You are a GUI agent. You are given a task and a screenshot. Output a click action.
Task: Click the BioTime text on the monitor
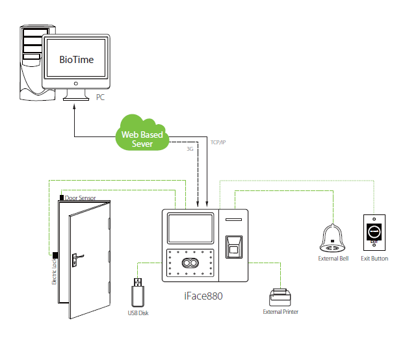(76, 60)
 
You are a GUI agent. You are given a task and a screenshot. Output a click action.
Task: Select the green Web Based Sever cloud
(142, 133)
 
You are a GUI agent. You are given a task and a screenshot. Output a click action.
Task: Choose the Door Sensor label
(80, 197)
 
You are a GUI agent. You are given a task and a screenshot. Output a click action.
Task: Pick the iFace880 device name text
(203, 294)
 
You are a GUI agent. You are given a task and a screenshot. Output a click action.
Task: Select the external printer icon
(280, 297)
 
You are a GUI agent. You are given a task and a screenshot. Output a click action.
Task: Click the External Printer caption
(280, 312)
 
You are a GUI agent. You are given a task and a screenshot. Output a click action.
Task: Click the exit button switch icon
(374, 232)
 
